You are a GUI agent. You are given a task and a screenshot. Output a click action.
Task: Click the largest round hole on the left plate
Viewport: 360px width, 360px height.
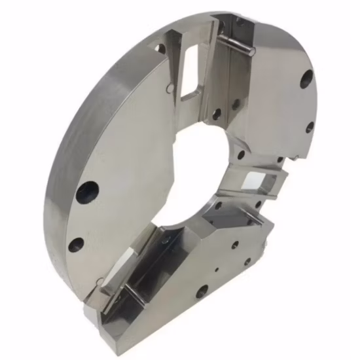click(x=86, y=193)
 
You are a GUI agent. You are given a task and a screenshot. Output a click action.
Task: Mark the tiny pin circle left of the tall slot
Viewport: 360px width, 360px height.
click(x=170, y=85)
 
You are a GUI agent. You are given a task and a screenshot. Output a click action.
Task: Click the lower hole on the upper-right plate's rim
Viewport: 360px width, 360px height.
click(x=309, y=127)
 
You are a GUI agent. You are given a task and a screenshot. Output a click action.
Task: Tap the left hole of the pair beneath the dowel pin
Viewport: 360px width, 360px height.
click(x=215, y=114)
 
